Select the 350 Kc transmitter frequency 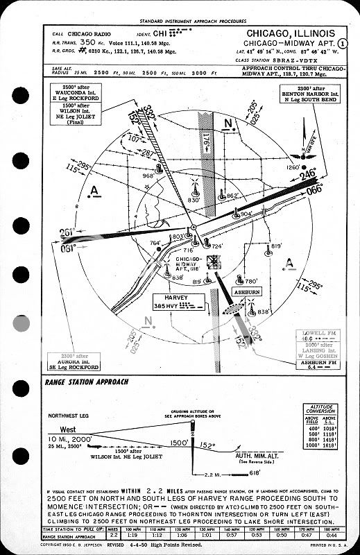coord(87,42)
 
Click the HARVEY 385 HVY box coord(179,300)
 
